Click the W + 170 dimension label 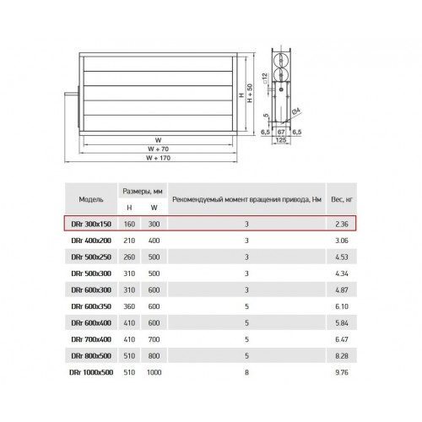[x=158, y=158]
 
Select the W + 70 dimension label [x=158, y=149]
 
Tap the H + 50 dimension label [x=250, y=93]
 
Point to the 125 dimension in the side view [x=281, y=140]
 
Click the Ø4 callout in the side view [x=296, y=111]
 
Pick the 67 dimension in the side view [x=281, y=132]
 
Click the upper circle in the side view [x=281, y=60]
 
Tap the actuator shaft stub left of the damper [x=71, y=95]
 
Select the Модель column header [x=91, y=199]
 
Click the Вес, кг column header [x=342, y=199]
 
